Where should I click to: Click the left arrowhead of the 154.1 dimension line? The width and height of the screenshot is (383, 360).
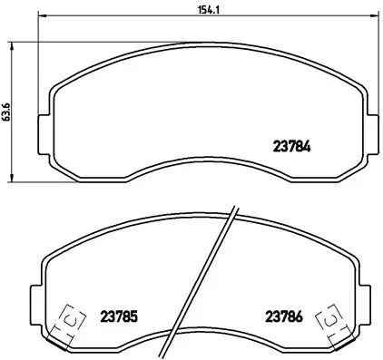click(42, 18)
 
